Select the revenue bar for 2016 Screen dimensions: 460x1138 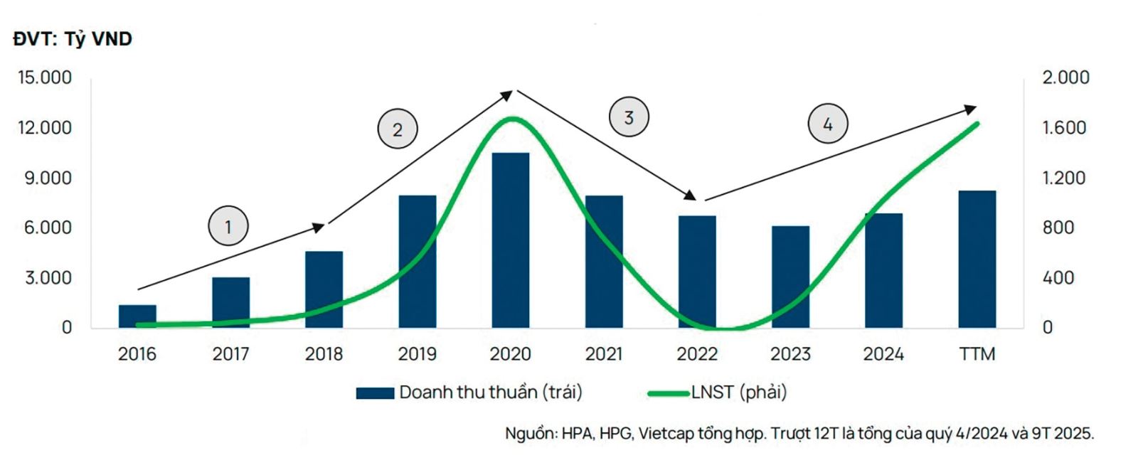137,316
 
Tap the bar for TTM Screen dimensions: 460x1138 977,259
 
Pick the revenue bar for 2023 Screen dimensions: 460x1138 790,277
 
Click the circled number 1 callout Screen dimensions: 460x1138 228,226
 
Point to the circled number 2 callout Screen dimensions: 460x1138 397,129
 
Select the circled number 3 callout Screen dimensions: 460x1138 629,117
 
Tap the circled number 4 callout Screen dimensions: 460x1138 828,124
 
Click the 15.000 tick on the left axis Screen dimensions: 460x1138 45,77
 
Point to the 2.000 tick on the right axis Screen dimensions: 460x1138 1065,77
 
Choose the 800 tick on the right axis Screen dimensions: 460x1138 1058,228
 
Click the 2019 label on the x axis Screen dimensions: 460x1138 417,353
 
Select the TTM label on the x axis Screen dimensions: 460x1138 977,353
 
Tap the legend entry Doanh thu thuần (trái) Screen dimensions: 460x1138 469,392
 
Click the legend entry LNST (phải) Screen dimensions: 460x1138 718,392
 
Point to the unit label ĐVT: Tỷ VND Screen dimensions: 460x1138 73,39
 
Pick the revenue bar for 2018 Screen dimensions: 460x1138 324,289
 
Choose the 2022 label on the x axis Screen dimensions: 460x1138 696,353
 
